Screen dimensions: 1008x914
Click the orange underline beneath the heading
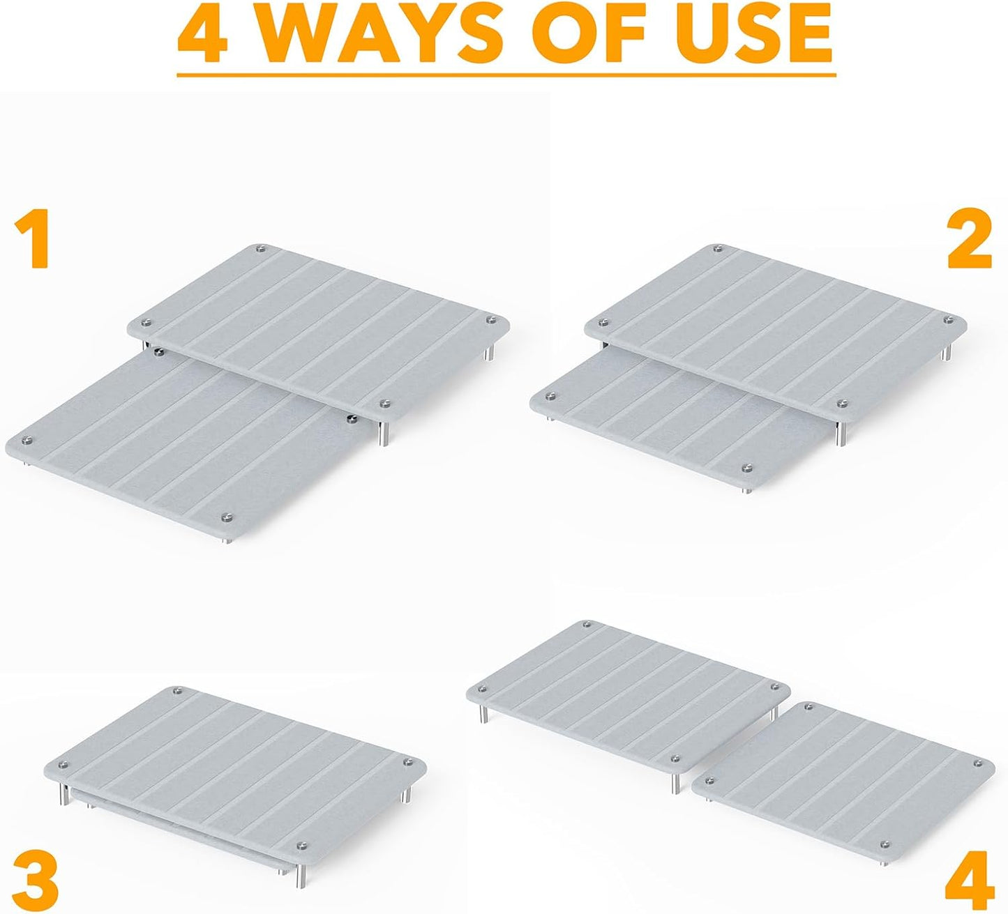click(506, 75)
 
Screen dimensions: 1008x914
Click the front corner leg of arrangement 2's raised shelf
click(841, 433)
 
